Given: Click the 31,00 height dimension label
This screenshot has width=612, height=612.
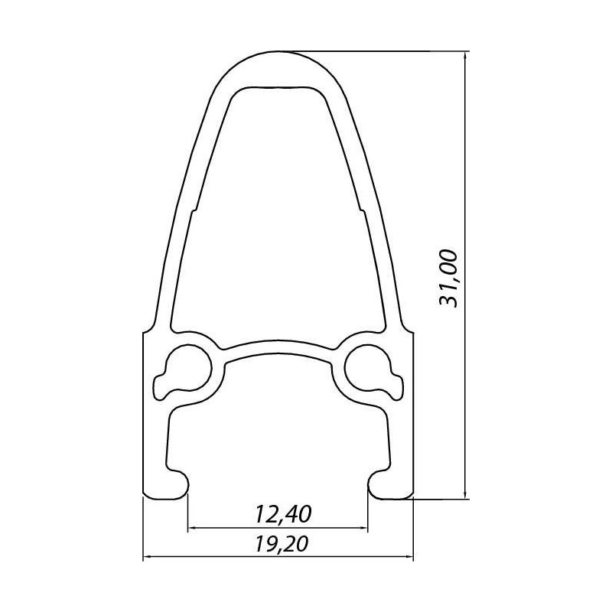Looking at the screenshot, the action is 448,278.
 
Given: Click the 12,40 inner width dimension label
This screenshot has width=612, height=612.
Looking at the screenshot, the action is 284,514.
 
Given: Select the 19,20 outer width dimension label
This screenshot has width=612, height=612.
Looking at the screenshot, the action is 282,544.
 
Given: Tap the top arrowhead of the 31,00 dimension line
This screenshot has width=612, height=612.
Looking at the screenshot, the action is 465,57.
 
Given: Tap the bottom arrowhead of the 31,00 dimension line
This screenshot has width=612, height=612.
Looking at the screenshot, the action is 465,493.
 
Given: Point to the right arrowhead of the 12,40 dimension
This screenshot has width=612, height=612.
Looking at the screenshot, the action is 362,529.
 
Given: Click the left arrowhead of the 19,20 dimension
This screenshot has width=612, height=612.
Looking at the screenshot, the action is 149,558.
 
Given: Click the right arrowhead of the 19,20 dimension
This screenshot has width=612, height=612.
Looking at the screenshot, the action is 408,558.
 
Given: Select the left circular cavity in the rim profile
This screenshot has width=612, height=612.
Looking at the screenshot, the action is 184,372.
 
